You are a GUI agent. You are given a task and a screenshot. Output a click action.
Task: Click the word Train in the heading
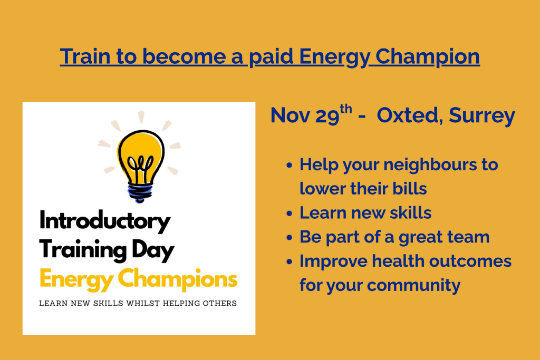pos(81,56)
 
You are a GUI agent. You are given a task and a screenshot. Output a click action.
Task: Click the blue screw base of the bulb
pos(140,191)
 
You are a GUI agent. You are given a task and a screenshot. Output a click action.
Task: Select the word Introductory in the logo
pos(105,221)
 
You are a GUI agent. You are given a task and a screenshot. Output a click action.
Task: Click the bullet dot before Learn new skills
pos(289,213)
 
